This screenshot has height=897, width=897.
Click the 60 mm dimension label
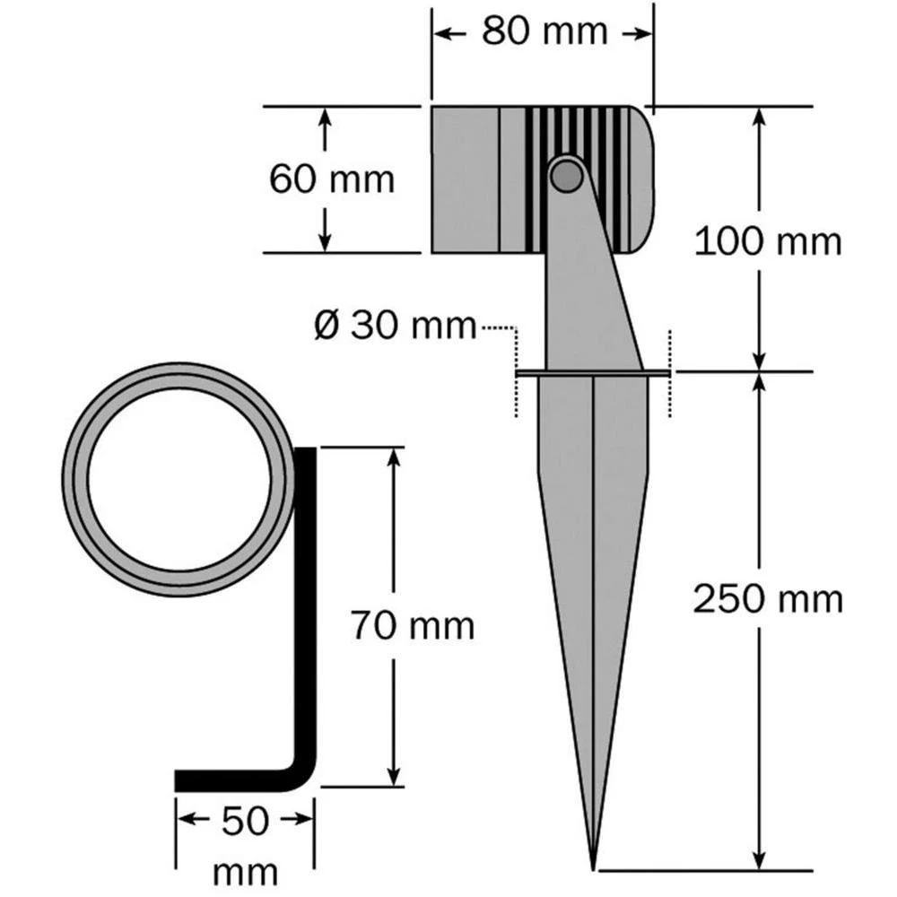(x=332, y=179)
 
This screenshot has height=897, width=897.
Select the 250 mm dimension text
(x=768, y=598)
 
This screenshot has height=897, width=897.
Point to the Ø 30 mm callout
(x=396, y=325)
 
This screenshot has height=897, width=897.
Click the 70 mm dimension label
(x=412, y=625)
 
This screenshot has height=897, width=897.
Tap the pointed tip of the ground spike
(x=594, y=863)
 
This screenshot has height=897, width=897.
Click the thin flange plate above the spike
(x=593, y=371)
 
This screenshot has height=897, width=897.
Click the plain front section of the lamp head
(x=465, y=179)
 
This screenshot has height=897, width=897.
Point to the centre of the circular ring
(x=179, y=480)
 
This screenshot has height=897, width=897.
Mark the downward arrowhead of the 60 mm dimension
(x=326, y=241)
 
